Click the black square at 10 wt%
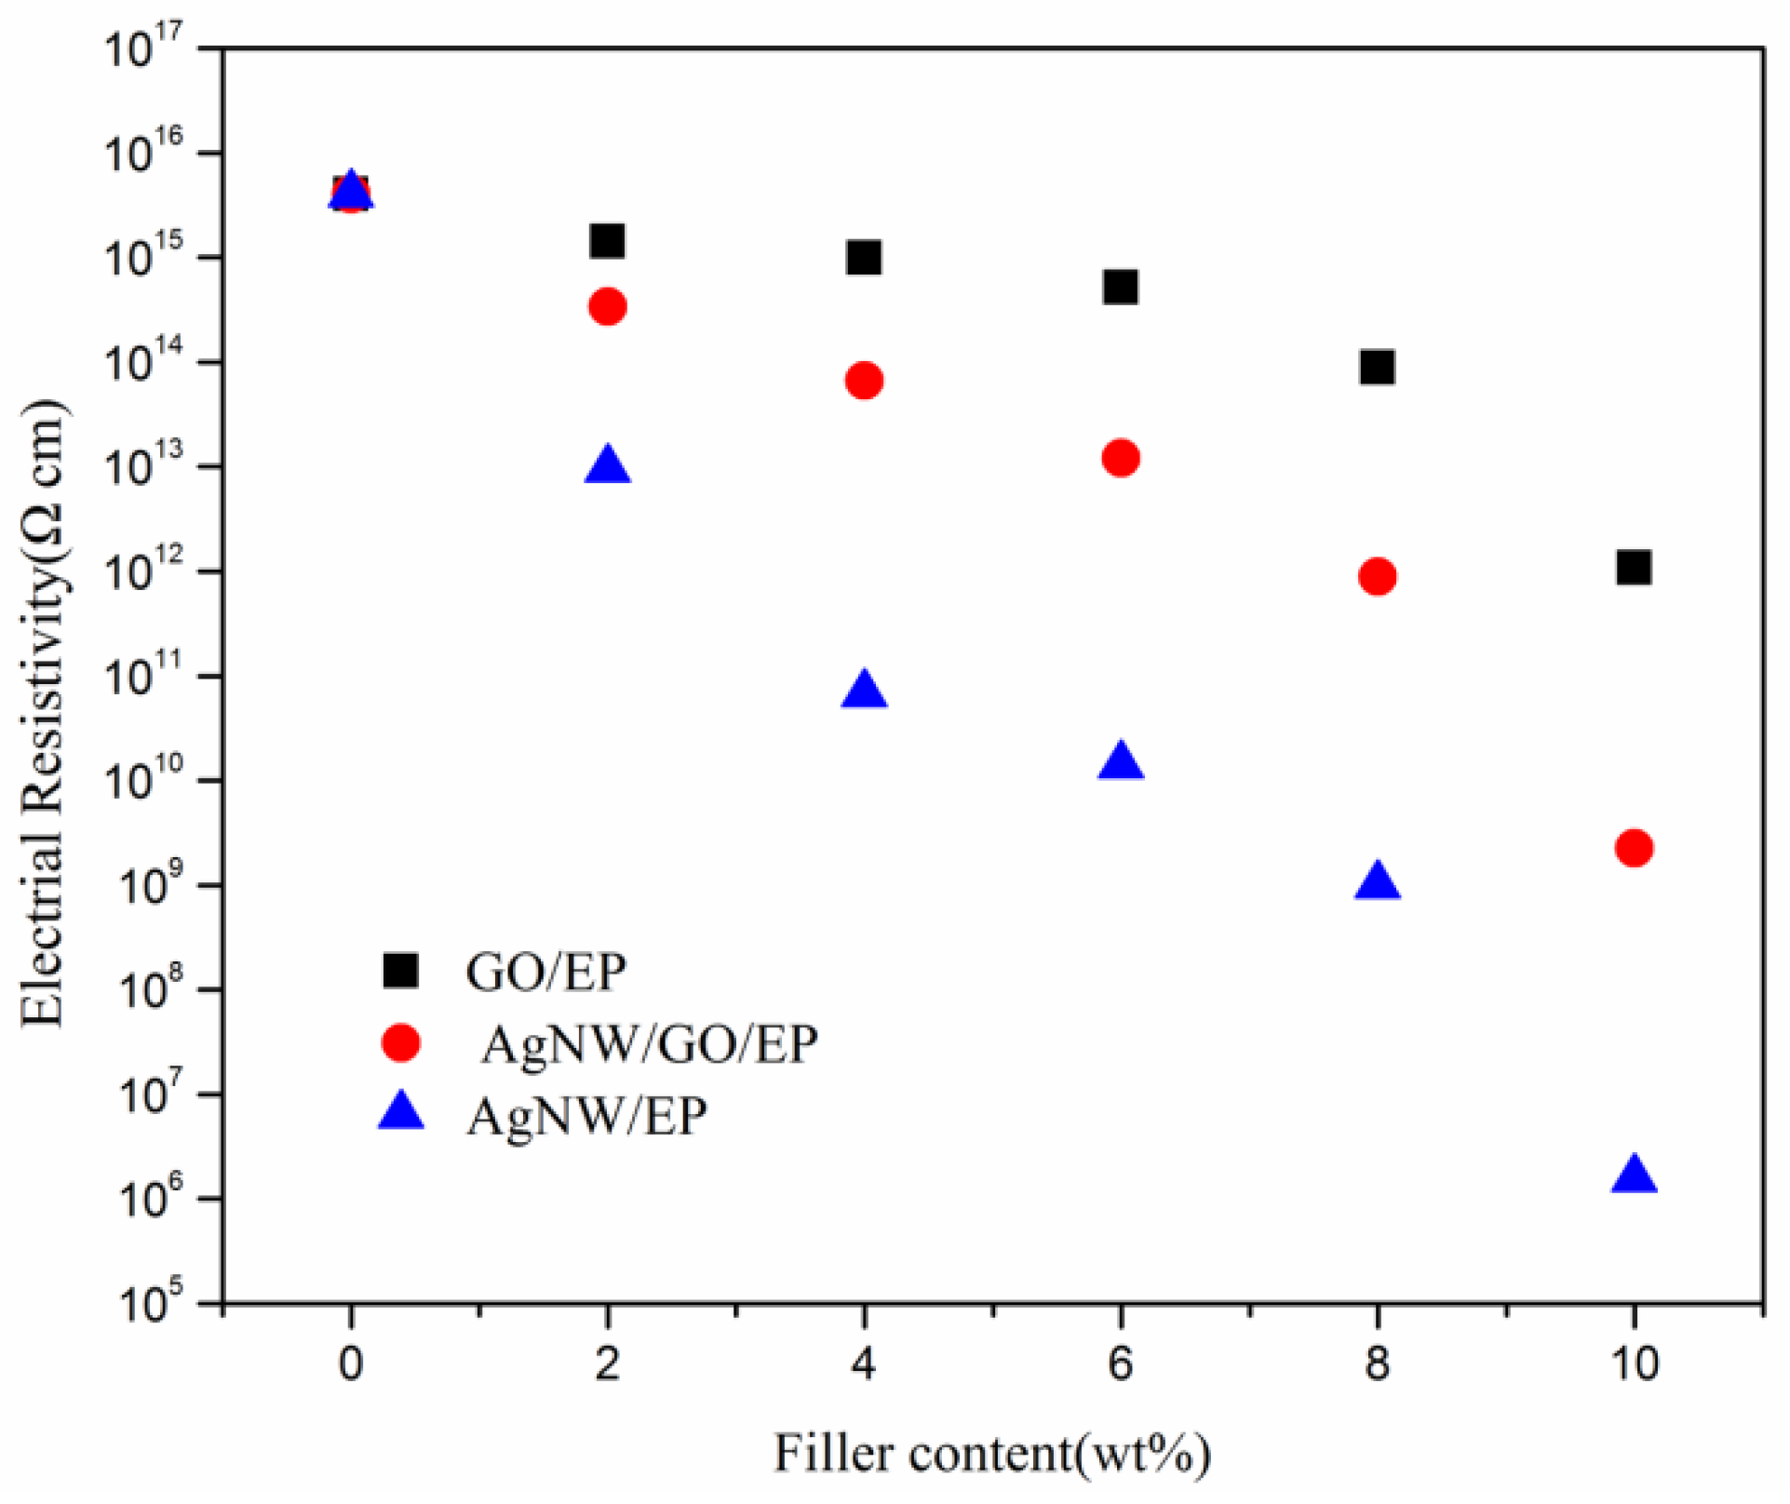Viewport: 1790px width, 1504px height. pyautogui.click(x=1634, y=567)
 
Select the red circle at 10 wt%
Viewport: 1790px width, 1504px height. pyautogui.click(x=1634, y=848)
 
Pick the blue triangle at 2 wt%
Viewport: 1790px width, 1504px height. pyautogui.click(x=607, y=465)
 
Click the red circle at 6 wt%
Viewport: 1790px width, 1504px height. pyautogui.click(x=1121, y=458)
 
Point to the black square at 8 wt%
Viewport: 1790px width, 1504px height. pyautogui.click(x=1377, y=367)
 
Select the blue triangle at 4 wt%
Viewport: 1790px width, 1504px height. pyautogui.click(x=864, y=691)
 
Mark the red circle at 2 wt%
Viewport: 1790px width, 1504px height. pyautogui.click(x=607, y=306)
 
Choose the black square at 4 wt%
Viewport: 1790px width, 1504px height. pyautogui.click(x=864, y=258)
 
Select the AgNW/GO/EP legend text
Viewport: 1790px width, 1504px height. pyautogui.click(x=649, y=1044)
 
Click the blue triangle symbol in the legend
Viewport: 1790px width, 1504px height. pyautogui.click(x=401, y=1113)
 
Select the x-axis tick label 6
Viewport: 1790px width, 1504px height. pyautogui.click(x=1121, y=1364)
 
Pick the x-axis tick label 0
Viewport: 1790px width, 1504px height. pyautogui.click(x=350, y=1364)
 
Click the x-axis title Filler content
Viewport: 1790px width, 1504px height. pyautogui.click(x=992, y=1454)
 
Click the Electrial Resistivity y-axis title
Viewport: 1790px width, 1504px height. pyautogui.click(x=44, y=712)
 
